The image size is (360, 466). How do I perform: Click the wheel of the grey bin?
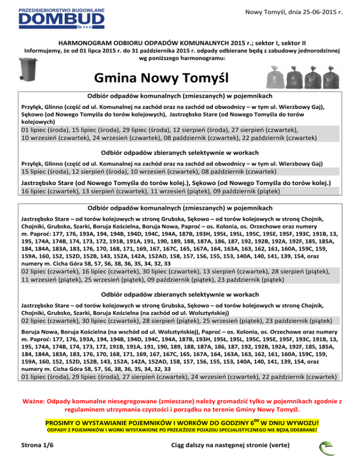[22, 77]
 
